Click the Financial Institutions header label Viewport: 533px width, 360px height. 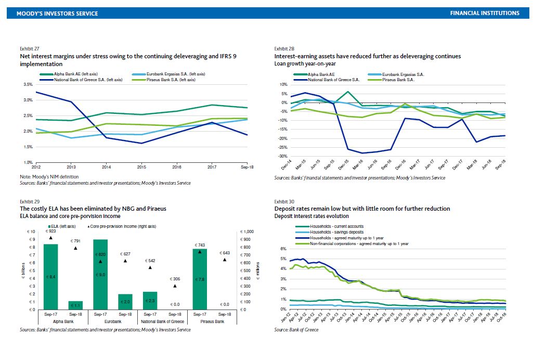[x=484, y=13]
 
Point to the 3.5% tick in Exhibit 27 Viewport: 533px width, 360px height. [x=27, y=84]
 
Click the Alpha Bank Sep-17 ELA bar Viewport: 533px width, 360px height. [x=50, y=277]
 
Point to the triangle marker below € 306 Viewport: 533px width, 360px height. [x=175, y=286]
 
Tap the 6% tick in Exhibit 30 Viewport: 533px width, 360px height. [x=283, y=248]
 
